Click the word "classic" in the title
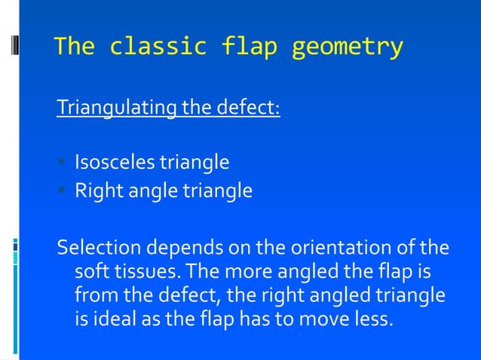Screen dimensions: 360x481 click(x=158, y=47)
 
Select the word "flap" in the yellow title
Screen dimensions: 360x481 click(x=250, y=47)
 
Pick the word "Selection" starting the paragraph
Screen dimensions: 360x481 click(x=94, y=248)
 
